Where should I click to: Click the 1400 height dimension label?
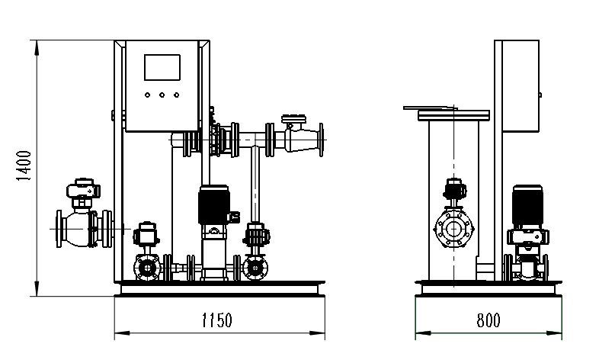[24, 166]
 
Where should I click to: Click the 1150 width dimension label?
[216, 320]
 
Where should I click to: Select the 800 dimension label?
[488, 320]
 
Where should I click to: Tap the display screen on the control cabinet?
[162, 68]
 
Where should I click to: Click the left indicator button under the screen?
[147, 95]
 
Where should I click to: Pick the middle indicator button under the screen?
[162, 95]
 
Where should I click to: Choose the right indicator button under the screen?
[176, 95]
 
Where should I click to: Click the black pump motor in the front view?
[214, 205]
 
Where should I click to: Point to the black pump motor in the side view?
[527, 206]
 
